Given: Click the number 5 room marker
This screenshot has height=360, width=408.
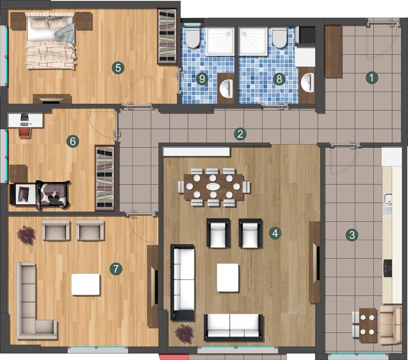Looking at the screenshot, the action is tap(118, 68).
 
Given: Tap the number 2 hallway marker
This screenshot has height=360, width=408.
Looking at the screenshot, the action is tap(240, 134).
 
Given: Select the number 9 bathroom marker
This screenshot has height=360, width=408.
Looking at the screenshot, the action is tap(202, 79).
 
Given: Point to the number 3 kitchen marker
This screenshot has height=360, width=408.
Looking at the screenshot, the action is tap(352, 235).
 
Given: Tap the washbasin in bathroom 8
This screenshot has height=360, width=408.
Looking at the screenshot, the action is tap(307, 82).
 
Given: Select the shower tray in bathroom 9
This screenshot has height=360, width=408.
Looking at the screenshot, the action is tap(220, 42).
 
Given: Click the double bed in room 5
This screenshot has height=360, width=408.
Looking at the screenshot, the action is tap(52, 41).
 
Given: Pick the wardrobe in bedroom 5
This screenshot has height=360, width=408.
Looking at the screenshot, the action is tap(167, 37).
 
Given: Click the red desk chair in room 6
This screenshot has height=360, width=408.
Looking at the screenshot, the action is tap(25, 132).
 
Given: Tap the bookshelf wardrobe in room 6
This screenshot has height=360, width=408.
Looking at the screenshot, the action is tap(105, 177).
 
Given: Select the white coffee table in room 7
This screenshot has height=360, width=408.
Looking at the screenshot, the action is tap(86, 284).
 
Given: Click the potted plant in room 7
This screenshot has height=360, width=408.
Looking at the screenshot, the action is tap(26, 235).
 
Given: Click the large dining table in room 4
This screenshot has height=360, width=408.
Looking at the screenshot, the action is tap(213, 187).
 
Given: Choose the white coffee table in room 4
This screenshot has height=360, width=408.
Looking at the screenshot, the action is tap(228, 278).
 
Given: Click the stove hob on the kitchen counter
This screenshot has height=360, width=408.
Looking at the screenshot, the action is tap(388, 268).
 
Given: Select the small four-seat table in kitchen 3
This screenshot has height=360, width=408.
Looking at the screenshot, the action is tap(368, 325).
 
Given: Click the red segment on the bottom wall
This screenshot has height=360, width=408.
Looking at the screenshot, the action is tap(174, 357).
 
